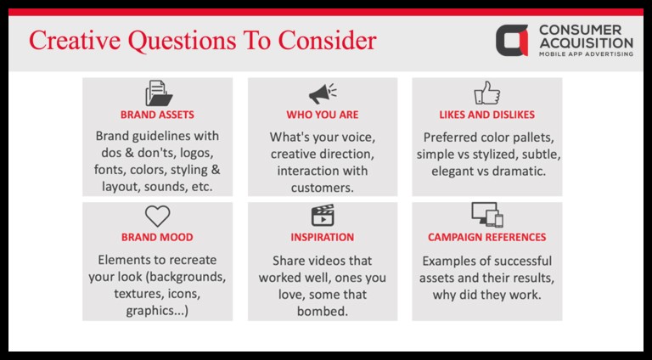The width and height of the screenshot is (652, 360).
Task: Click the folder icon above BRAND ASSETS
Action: pyautogui.click(x=159, y=93)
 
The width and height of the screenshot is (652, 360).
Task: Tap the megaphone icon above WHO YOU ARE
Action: pyautogui.click(x=323, y=94)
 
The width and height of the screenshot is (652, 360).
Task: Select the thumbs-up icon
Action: pyautogui.click(x=487, y=93)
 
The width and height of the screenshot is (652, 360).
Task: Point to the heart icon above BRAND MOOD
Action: pyautogui.click(x=158, y=217)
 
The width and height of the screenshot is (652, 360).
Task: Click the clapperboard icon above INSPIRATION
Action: pyautogui.click(x=323, y=216)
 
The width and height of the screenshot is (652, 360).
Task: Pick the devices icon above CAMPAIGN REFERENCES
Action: pyautogui.click(x=487, y=215)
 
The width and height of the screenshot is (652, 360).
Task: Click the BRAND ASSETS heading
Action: pyautogui.click(x=157, y=115)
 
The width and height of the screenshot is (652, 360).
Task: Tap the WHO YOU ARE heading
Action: pyautogui.click(x=323, y=115)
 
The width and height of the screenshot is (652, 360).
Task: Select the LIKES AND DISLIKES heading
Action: pyautogui.click(x=487, y=115)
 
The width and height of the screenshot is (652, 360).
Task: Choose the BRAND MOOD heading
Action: pyautogui.click(x=157, y=238)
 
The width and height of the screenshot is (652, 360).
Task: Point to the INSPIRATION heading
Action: pyautogui.click(x=323, y=238)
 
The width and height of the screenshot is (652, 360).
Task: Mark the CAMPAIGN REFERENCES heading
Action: pyautogui.click(x=487, y=238)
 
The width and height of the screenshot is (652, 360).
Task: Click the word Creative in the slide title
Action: pyautogui.click(x=75, y=41)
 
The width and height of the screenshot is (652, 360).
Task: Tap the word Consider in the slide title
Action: pyautogui.click(x=327, y=41)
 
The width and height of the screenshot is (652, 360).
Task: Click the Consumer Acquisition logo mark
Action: pyautogui.click(x=512, y=40)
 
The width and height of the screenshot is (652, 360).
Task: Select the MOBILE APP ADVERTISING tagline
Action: pyautogui.click(x=586, y=54)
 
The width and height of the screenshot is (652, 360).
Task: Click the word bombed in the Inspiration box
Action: pyautogui.click(x=323, y=312)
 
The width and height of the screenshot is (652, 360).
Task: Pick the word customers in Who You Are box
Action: pyautogui.click(x=323, y=188)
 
